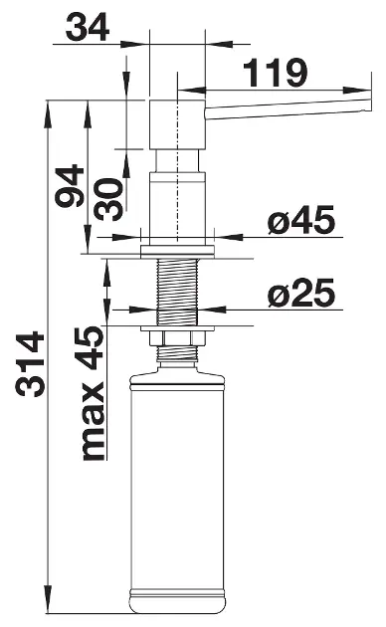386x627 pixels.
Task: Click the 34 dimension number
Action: click(x=88, y=27)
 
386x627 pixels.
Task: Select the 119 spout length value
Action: click(x=276, y=73)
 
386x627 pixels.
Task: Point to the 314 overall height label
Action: click(x=30, y=363)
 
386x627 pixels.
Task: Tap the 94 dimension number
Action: click(x=70, y=186)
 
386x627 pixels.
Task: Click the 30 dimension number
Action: click(x=108, y=199)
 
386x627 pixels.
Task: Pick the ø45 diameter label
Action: click(x=301, y=220)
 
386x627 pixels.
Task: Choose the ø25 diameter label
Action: click(x=301, y=293)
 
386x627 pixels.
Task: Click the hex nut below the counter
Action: click(x=177, y=338)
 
